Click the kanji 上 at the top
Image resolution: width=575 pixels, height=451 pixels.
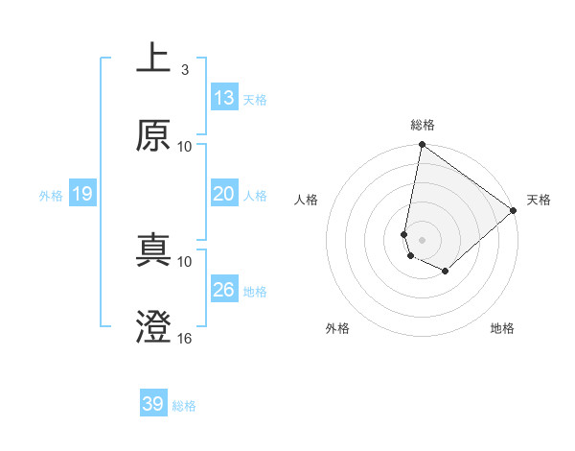coord(153,59)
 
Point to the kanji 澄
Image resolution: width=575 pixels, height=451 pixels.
coord(153,327)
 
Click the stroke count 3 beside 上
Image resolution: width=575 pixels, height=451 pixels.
coord(184,69)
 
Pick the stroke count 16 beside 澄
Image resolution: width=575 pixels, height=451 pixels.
coord(185,338)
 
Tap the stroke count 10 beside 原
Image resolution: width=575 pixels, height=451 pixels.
coord(185,146)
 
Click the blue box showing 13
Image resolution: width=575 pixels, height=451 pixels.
coord(224,98)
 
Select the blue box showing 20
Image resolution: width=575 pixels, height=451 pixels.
coord(224,194)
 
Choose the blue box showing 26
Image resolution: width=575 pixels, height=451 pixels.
coord(224,290)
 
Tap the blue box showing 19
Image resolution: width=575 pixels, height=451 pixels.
coord(81,194)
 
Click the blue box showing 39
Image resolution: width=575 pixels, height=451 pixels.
coord(153,404)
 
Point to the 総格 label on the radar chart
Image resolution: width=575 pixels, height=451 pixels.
coord(423,125)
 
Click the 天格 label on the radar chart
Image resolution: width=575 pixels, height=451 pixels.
coord(539,200)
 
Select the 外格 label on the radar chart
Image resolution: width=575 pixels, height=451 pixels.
coord(337,328)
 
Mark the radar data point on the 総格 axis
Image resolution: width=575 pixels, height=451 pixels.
coord(422,146)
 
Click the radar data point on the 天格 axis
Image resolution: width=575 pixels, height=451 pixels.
coord(514,210)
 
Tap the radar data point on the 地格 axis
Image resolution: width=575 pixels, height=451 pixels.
coord(446,272)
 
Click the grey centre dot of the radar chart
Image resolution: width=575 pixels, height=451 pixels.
coord(422,239)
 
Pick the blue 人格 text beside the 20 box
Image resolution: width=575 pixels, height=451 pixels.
coord(255,195)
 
